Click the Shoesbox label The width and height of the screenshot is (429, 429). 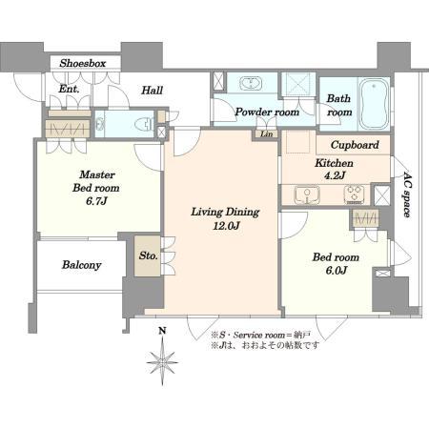tap(83, 63)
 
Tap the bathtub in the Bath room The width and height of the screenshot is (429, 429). tap(374, 103)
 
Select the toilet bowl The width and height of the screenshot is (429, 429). tap(144, 124)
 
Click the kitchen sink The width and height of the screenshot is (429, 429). tap(307, 194)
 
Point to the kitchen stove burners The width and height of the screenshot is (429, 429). tap(355, 194)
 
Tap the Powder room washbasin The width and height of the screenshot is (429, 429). tap(251, 83)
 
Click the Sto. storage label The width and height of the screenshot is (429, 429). tap(148, 255)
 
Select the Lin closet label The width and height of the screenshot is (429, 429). tap(266, 134)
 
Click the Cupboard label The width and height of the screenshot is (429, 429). tap(355, 145)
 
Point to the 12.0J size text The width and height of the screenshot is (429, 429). tap(226, 226)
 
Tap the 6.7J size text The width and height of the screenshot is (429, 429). tap(96, 201)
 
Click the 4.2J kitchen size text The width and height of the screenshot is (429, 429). tap(335, 175)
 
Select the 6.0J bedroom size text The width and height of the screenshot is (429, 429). tap(337, 271)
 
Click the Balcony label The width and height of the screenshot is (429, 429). tap(82, 265)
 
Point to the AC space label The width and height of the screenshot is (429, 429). tap(406, 194)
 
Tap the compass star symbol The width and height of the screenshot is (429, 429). tap(162, 361)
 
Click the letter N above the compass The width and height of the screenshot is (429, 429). tap(162, 331)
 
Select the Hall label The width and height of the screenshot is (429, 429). tap(152, 91)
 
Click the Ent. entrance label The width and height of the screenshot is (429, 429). tap(69, 89)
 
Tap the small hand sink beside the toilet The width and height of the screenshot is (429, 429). tap(100, 124)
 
